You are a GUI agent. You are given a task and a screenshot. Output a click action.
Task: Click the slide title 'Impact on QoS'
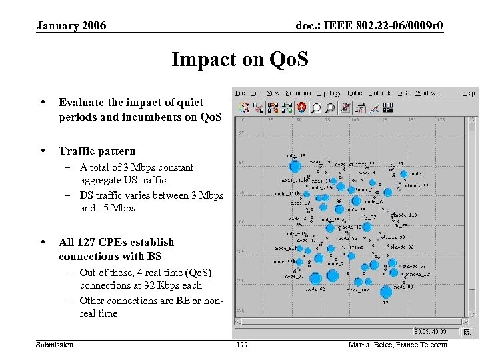240,60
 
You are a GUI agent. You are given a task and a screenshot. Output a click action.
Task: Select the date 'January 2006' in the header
71,26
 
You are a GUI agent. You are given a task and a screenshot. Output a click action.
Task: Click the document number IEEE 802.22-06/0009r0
369,26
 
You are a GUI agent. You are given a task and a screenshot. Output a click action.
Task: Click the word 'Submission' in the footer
55,344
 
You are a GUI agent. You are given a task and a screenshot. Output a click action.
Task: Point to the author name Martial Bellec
397,344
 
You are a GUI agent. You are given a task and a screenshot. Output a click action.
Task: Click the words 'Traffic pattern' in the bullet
97,151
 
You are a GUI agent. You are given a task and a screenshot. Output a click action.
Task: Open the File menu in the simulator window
240,93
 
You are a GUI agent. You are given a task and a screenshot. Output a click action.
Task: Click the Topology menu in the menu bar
329,93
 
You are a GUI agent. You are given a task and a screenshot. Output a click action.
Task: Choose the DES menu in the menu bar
403,93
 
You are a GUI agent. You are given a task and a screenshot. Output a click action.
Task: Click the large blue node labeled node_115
294,166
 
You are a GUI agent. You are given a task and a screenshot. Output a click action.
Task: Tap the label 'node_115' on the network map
293,156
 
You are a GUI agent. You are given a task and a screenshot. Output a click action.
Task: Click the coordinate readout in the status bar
431,331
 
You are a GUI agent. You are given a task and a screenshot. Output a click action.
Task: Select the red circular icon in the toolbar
302,107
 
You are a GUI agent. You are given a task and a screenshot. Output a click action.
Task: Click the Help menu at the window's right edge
469,93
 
